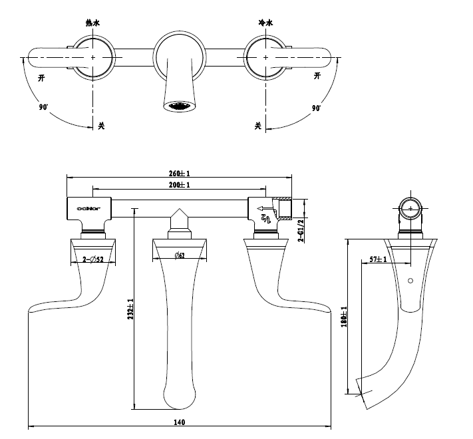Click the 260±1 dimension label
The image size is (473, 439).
tap(180, 174)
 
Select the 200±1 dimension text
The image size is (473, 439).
tap(180, 184)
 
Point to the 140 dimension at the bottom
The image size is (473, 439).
tap(180, 421)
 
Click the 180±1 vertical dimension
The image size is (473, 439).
tap(344, 315)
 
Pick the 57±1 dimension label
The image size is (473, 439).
tap(377, 258)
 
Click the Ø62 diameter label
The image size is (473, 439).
tap(180, 256)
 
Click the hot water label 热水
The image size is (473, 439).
tap(92, 23)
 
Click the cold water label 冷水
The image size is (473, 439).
tap(265, 23)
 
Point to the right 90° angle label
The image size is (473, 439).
tap(315, 107)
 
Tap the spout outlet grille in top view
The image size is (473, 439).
tap(180, 106)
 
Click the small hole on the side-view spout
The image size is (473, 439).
tap(410, 280)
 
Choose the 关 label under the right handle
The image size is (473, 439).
tap(257, 125)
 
